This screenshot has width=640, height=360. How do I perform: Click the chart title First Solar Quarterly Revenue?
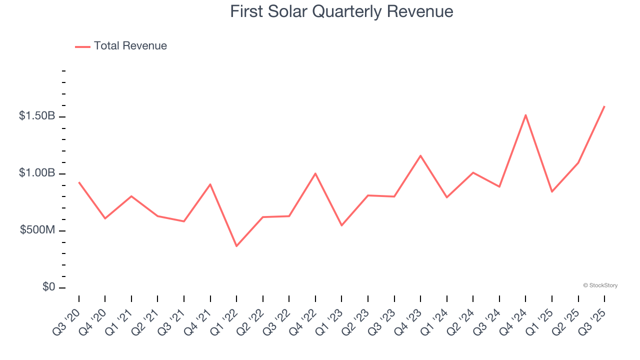click(x=341, y=11)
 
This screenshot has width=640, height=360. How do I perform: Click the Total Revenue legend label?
click(x=130, y=46)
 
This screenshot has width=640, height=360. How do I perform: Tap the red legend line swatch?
click(x=82, y=46)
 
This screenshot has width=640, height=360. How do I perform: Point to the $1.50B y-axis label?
click(x=37, y=116)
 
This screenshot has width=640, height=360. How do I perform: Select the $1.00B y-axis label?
click(x=37, y=173)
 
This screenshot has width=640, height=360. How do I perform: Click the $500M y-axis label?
click(x=37, y=230)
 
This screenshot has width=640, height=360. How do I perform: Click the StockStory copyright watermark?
click(x=600, y=285)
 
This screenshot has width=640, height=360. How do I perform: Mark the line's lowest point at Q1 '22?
click(x=236, y=246)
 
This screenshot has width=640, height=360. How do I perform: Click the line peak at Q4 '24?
click(x=525, y=115)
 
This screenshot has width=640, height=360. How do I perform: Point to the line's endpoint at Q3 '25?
click(x=604, y=106)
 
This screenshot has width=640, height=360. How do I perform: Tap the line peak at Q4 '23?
click(x=420, y=155)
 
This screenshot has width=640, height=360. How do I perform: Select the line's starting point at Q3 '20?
click(x=79, y=182)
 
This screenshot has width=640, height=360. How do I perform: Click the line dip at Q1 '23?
click(x=341, y=225)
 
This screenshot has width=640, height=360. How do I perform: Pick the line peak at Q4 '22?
click(x=315, y=173)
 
